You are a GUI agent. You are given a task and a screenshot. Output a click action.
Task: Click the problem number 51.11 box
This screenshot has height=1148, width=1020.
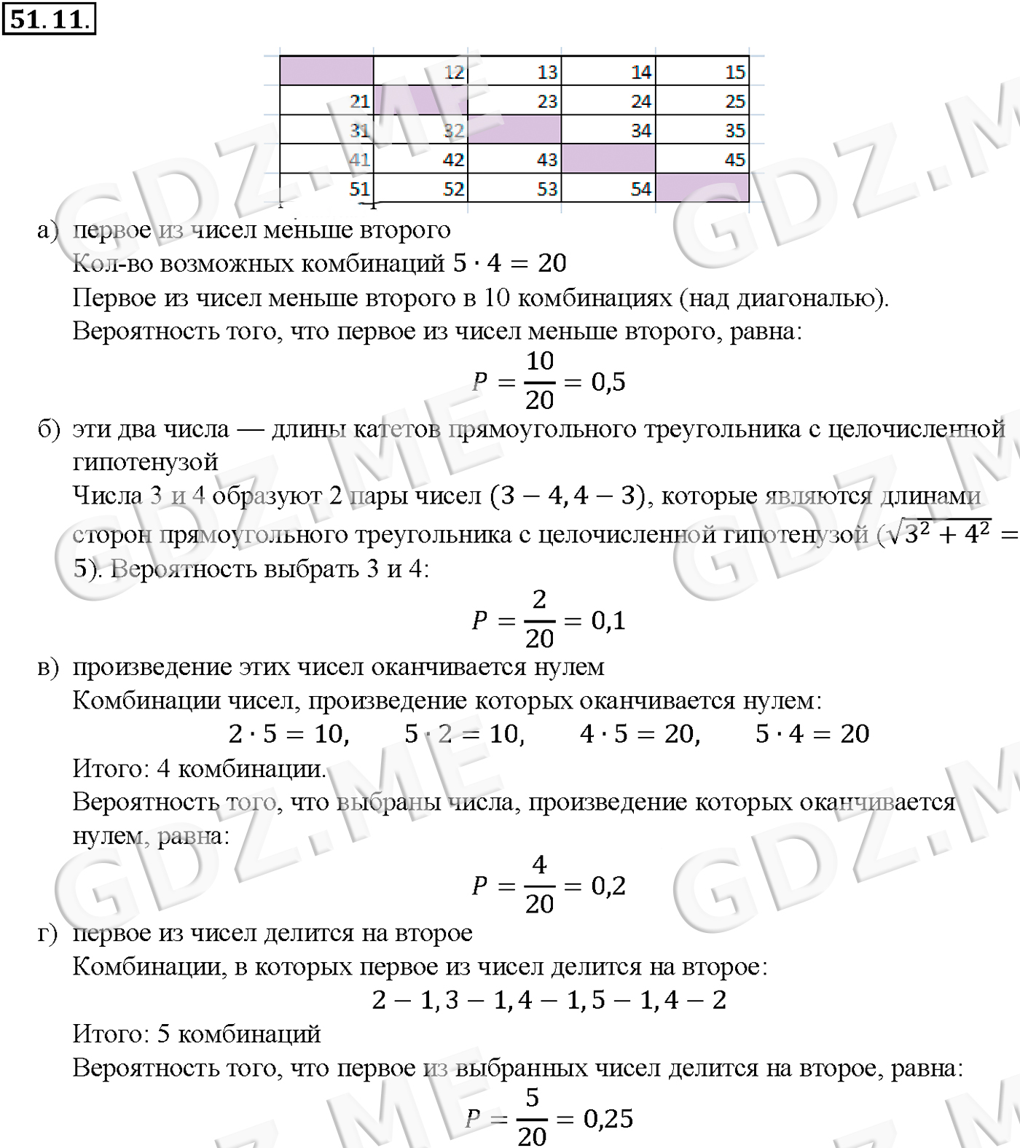(x=49, y=19)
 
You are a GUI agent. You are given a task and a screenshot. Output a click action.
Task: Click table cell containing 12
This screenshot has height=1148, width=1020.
(x=420, y=71)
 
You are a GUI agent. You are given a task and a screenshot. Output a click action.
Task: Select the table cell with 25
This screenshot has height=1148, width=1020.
(x=702, y=101)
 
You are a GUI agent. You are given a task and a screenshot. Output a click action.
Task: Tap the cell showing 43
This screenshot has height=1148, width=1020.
(x=514, y=159)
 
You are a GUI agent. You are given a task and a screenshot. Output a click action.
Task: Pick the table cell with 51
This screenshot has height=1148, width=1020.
(x=326, y=188)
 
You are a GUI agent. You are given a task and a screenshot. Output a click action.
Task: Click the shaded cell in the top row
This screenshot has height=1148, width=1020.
(x=326, y=71)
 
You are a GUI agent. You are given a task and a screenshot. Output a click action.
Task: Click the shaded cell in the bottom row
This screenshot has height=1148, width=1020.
(x=702, y=188)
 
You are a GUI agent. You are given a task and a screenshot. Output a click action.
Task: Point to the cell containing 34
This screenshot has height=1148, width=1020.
(x=608, y=130)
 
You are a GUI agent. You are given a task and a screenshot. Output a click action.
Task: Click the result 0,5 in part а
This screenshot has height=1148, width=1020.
(x=608, y=381)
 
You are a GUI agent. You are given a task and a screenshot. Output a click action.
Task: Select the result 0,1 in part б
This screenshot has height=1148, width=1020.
(x=608, y=620)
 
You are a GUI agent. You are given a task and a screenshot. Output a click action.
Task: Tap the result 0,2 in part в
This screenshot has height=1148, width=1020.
(x=608, y=886)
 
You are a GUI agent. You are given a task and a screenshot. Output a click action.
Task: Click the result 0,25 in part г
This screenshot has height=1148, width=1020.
(x=609, y=1118)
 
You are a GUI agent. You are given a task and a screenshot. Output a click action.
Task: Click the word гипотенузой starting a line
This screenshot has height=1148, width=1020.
(x=145, y=462)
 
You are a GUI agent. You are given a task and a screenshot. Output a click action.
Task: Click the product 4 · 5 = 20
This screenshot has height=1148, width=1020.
(x=640, y=733)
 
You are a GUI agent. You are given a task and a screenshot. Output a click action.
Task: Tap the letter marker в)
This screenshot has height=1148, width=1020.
(x=47, y=667)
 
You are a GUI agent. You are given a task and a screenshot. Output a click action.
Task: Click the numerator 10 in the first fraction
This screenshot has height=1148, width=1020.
(x=540, y=361)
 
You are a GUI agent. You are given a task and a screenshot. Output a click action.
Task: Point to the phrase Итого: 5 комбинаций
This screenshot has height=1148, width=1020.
(x=197, y=1034)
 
